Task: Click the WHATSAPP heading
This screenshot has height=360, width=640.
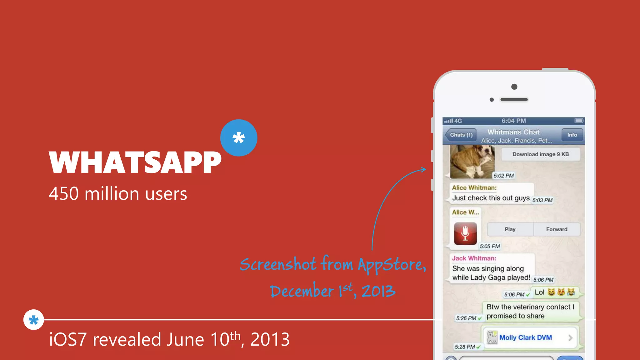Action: click(135, 162)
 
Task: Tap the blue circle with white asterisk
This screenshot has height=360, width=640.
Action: click(239, 138)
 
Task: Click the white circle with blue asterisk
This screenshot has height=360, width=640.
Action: click(33, 320)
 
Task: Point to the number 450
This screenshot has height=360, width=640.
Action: click(64, 194)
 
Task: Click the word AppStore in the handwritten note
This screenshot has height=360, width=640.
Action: click(391, 265)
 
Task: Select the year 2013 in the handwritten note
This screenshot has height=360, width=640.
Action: click(378, 291)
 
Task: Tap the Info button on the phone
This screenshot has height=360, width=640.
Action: click(572, 135)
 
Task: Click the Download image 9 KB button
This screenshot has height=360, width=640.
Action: click(540, 154)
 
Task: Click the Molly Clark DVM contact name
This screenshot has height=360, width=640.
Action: click(526, 337)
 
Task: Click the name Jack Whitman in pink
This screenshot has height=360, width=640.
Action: click(474, 258)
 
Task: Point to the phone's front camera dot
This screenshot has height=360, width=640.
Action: click(514, 87)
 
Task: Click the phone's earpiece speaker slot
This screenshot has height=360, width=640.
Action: click(514, 100)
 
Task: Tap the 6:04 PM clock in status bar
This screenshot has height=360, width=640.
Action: click(514, 121)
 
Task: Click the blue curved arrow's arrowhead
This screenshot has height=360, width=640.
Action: click(424, 169)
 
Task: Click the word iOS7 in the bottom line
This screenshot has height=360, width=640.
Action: click(67, 340)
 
